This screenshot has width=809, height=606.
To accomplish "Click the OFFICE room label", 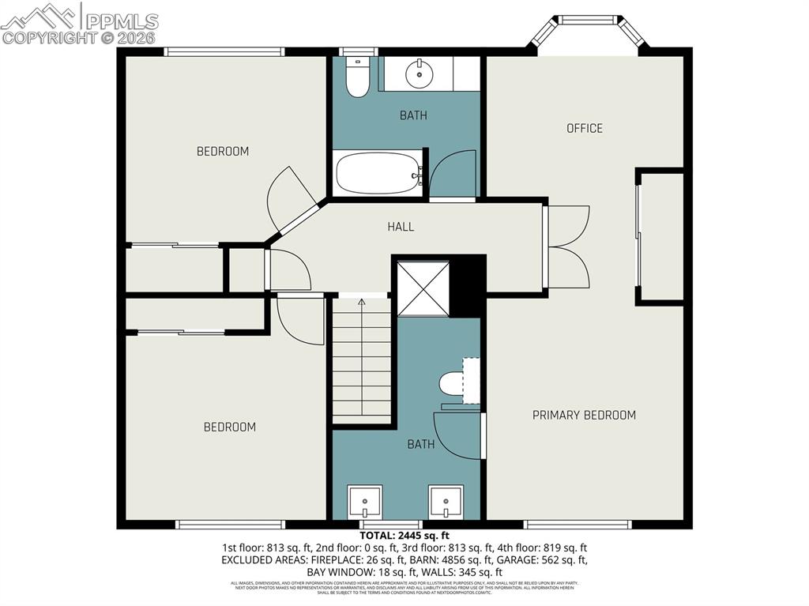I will tap(585, 128).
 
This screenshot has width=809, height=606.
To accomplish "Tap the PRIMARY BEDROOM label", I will tap(584, 415).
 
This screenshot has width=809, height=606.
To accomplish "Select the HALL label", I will tap(401, 227).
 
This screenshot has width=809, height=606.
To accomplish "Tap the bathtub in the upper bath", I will tap(378, 173).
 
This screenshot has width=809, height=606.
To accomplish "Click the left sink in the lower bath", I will tap(365, 501).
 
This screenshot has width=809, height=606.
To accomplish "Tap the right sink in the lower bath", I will tap(446, 501).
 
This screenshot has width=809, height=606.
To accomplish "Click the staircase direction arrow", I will tap(362, 302).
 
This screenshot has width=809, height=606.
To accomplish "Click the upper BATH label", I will tap(413, 115).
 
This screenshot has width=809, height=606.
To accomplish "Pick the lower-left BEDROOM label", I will tap(230, 427).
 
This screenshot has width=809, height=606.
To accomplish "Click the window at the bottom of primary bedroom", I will tap(578, 524).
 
